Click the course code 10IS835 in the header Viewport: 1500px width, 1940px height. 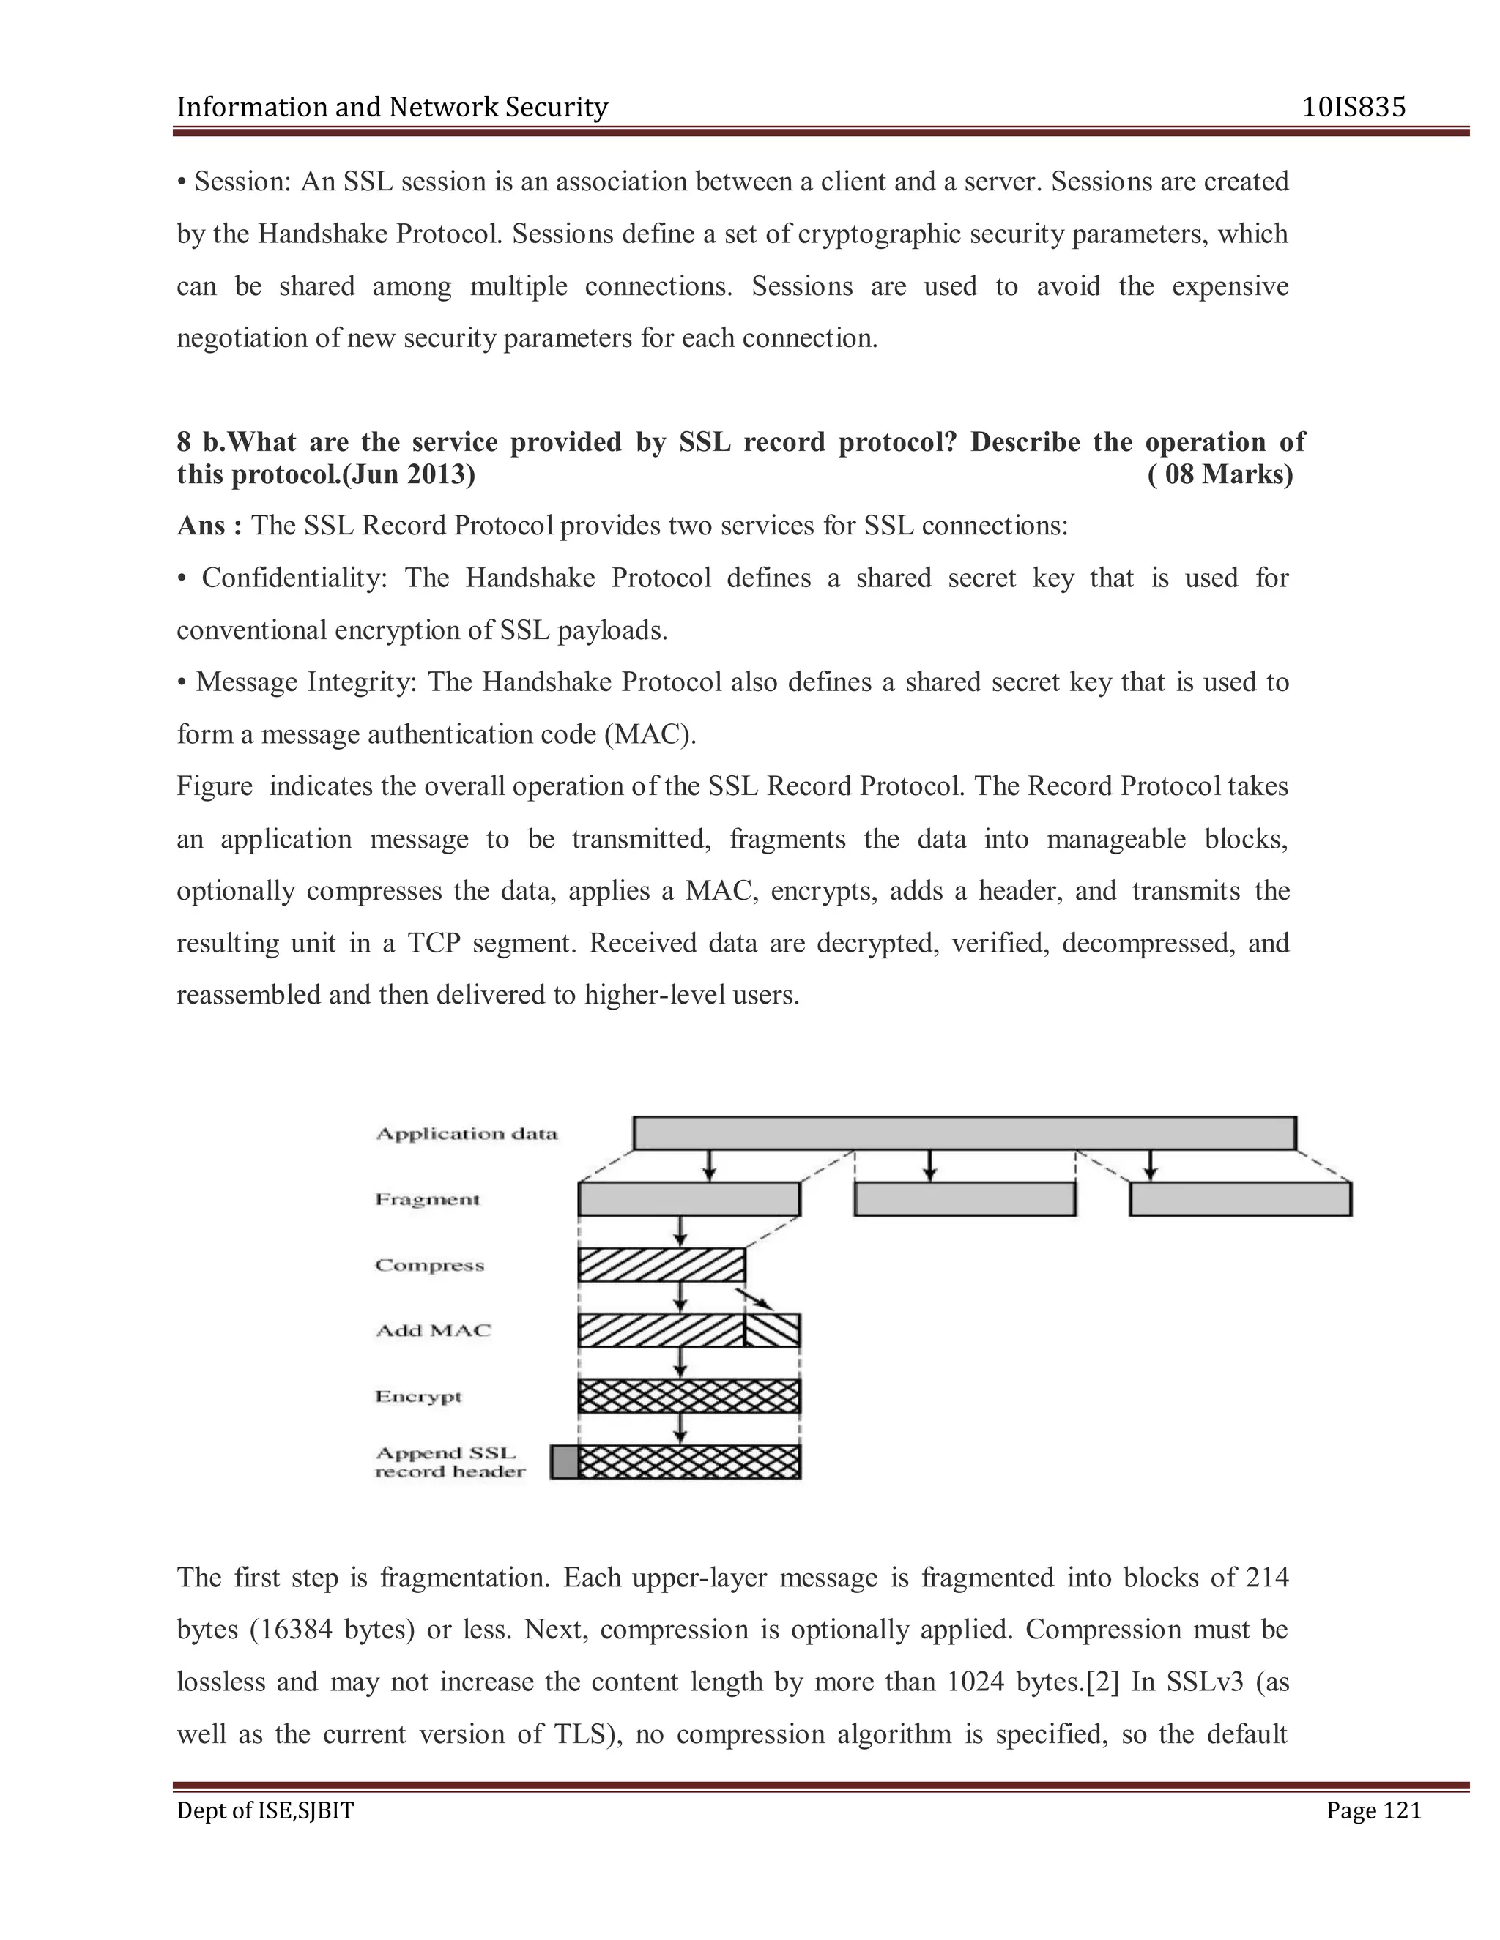tap(1354, 108)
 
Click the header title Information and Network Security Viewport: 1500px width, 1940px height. tap(392, 108)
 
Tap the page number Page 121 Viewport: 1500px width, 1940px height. tap(1373, 1810)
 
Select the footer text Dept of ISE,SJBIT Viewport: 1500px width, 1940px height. tap(265, 1810)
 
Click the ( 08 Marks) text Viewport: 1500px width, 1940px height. tap(1220, 474)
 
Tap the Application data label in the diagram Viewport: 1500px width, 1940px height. tap(467, 1133)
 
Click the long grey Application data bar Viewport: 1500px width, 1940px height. tap(964, 1133)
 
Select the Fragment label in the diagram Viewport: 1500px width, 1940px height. tap(428, 1199)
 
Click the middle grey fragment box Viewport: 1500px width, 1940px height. tap(964, 1199)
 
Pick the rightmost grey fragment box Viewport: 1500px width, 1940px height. tap(1240, 1199)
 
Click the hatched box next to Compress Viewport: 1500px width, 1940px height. tap(661, 1265)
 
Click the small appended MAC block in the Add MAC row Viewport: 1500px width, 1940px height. tap(772, 1331)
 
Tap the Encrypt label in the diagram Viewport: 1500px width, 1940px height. tap(418, 1396)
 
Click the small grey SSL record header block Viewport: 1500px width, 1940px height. tap(563, 1462)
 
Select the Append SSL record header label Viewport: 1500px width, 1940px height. tap(450, 1462)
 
